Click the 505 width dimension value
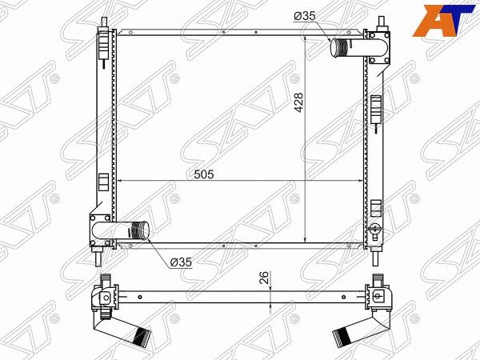coord(204,174)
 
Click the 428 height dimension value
coord(298,102)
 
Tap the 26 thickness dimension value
coord(264,278)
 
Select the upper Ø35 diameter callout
coord(304,16)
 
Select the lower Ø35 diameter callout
coord(181,262)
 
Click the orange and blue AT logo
coord(444,21)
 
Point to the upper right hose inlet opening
coord(334,48)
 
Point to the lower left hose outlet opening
coord(145,230)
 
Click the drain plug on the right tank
coord(374,229)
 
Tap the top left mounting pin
coord(105,22)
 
